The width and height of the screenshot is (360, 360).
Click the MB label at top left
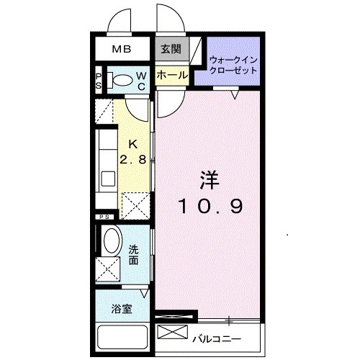(122, 50)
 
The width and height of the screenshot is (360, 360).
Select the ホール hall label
(171, 75)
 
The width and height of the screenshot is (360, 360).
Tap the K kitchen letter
(133, 144)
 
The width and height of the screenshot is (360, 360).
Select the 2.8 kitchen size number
(133, 160)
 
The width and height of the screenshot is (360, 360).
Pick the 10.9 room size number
(211, 205)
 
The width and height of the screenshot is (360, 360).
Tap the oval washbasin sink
(112, 240)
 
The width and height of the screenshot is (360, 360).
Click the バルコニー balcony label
(217, 338)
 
